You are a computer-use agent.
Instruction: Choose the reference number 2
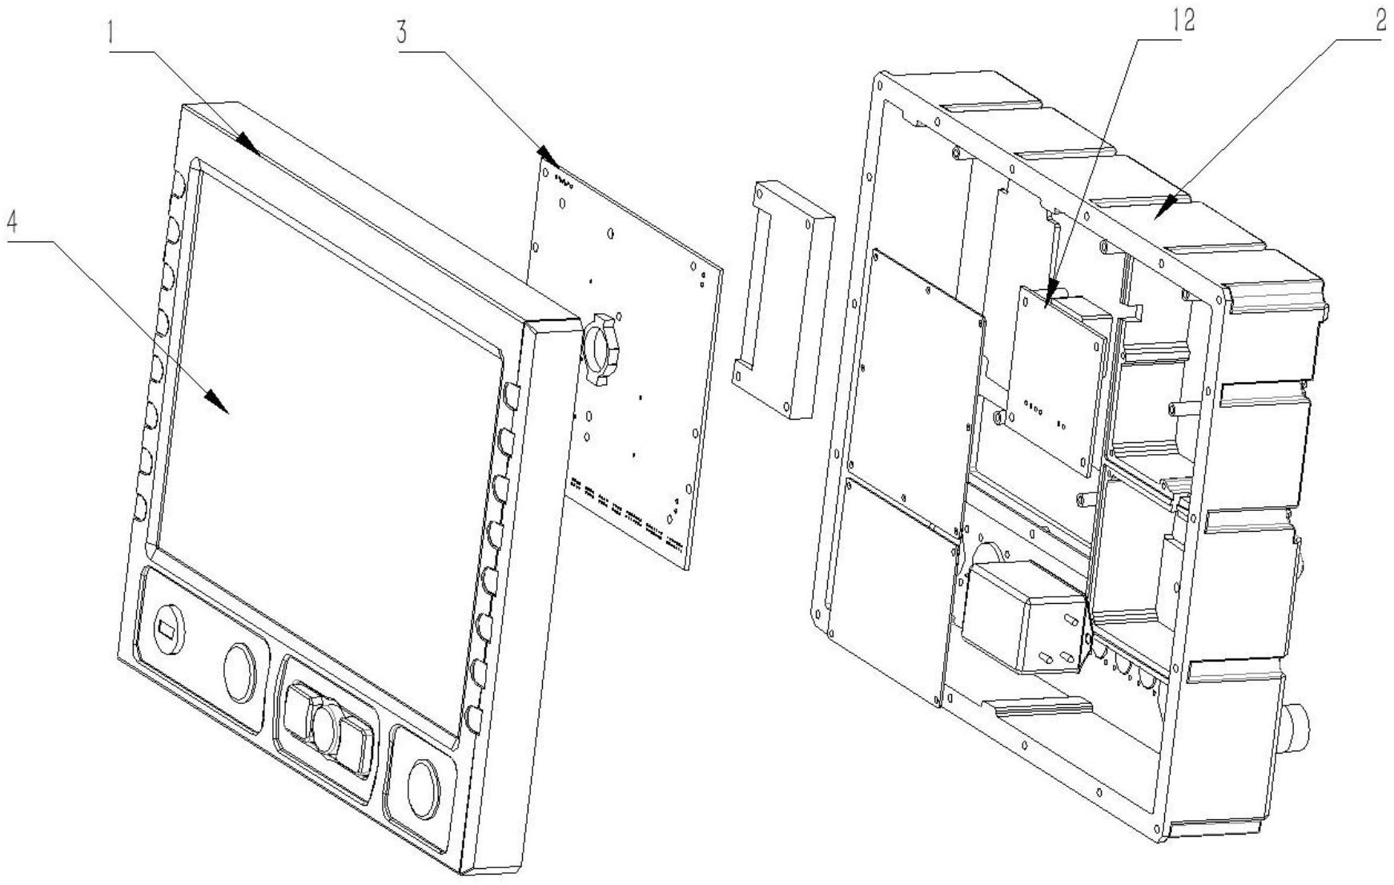pos(1380,21)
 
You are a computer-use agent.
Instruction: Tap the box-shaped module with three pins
pos(1024,615)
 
